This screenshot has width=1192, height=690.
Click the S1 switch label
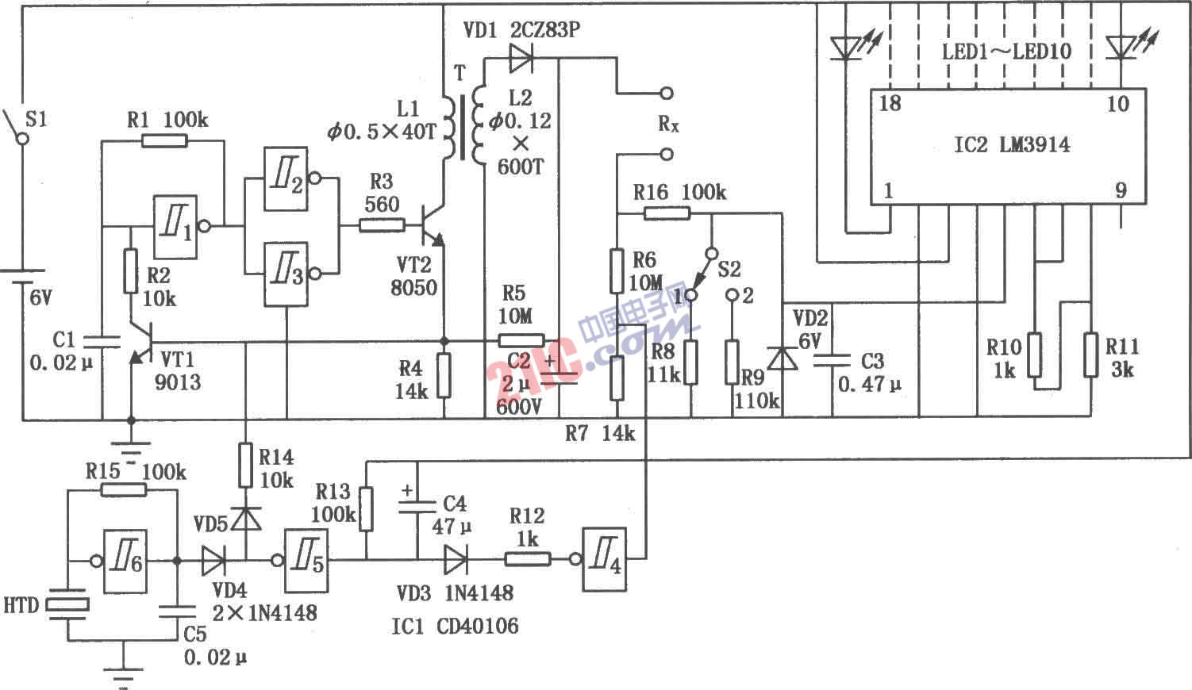coord(36,120)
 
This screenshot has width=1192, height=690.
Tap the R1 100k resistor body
coord(164,141)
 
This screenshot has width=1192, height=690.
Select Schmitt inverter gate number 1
coord(175,227)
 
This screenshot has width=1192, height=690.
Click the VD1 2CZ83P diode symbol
coord(521,57)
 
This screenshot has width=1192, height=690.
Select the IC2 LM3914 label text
coord(1011,145)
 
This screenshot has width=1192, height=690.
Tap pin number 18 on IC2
coord(890,104)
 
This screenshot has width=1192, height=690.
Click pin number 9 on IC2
coord(1121,190)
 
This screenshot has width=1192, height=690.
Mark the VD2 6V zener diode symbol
coord(784,358)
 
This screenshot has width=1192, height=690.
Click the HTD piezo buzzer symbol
coord(67,604)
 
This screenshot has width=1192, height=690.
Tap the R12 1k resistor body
coord(528,560)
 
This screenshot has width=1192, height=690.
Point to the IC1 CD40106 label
coord(454,627)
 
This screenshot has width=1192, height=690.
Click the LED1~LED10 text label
coord(1006,52)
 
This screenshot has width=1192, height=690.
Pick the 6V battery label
coord(41,299)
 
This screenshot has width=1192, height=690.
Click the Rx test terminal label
coord(668,125)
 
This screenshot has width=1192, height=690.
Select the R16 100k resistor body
coord(667,213)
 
